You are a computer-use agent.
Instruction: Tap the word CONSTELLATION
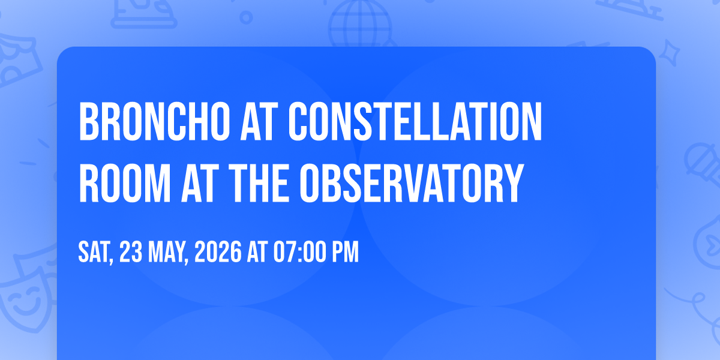pyautogui.click(x=415, y=121)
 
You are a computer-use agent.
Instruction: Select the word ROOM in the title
pyautogui.click(x=125, y=183)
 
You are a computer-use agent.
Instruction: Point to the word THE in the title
pyautogui.click(x=259, y=183)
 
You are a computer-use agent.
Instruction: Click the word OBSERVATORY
pyautogui.click(x=412, y=183)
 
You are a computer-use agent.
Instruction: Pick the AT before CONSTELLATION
pyautogui.click(x=259, y=121)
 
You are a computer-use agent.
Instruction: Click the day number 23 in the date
pyautogui.click(x=131, y=252)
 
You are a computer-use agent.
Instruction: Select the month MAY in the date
pyautogui.click(x=168, y=253)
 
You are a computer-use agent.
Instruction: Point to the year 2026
pyautogui.click(x=218, y=252)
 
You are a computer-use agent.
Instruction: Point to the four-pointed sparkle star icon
pyautogui.click(x=669, y=53)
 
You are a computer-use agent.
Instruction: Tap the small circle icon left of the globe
pyautogui.click(x=246, y=17)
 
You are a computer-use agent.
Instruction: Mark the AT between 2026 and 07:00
pyautogui.click(x=257, y=252)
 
